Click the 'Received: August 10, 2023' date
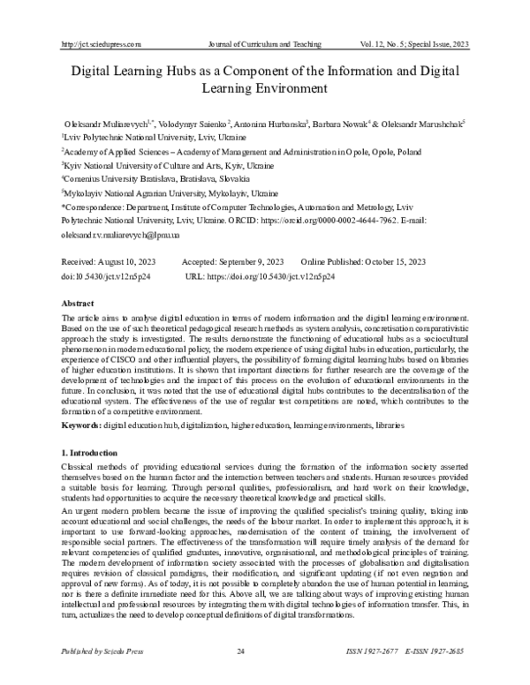[110, 263]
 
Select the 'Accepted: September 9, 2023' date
[232, 263]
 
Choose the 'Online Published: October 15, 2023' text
[363, 263]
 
